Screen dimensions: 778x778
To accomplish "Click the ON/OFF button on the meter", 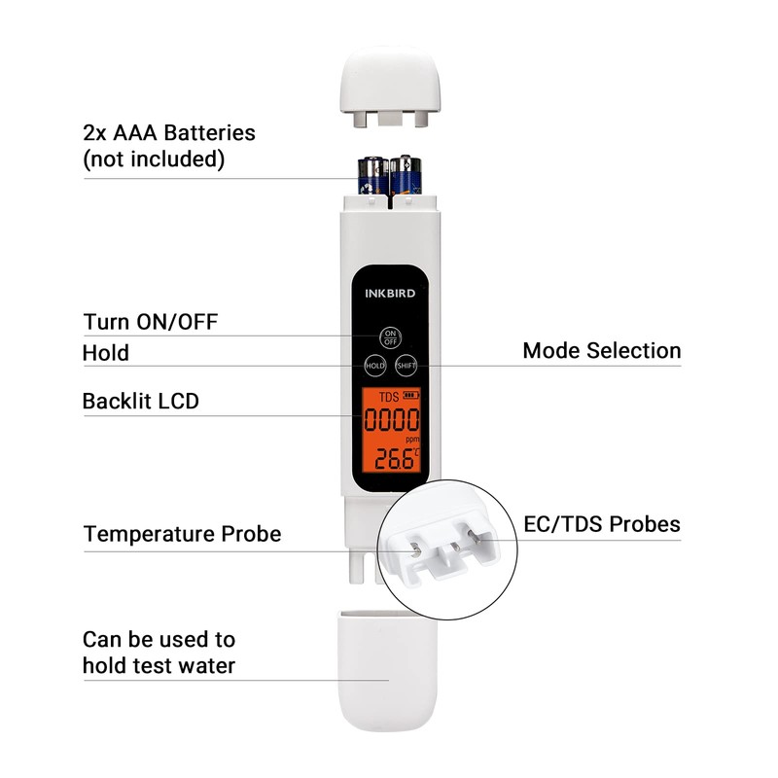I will coord(390,336).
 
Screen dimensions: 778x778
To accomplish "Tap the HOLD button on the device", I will coord(374,366).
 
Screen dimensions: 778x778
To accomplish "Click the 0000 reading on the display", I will coord(392,422).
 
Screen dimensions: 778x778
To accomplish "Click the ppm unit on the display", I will coord(412,441).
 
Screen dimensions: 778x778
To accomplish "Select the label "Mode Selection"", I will coord(602,350).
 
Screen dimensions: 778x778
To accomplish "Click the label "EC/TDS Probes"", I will coord(602,525).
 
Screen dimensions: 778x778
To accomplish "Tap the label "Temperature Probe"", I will coord(182,534).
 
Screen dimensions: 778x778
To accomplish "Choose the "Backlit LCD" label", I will coord(141,400).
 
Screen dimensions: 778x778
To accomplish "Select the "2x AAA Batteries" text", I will coord(169,132).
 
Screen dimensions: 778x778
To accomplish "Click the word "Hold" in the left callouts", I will coord(106,352).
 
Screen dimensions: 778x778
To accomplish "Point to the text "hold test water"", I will coord(159,666).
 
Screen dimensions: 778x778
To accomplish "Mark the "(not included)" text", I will coord(154,159).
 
